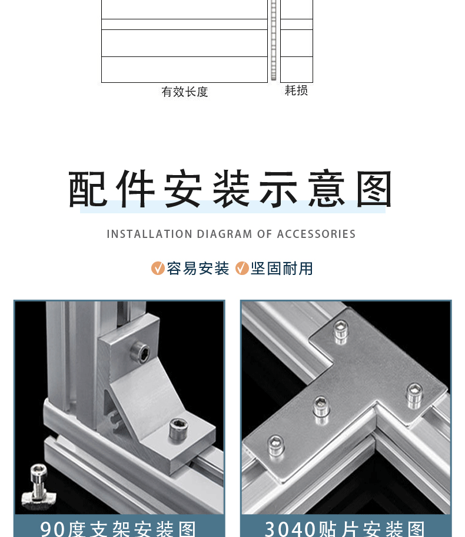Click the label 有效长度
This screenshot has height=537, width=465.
tap(185, 92)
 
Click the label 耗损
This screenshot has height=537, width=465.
tap(296, 90)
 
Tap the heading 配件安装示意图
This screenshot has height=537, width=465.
tap(231, 190)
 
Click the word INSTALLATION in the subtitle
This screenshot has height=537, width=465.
tap(141, 234)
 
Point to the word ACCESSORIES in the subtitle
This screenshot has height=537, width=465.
tap(316, 234)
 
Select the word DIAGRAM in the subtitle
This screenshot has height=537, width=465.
tap(224, 234)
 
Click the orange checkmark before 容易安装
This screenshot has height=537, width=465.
tap(158, 268)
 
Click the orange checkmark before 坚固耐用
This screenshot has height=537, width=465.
tap(242, 268)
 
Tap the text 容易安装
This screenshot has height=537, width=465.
tap(198, 268)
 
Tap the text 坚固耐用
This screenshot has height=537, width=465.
tap(282, 268)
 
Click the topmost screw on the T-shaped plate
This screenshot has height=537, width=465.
tap(340, 333)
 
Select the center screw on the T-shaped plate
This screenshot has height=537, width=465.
tap(321, 405)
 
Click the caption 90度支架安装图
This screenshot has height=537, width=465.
tap(118, 528)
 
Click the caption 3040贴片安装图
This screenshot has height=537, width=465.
tap(345, 528)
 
